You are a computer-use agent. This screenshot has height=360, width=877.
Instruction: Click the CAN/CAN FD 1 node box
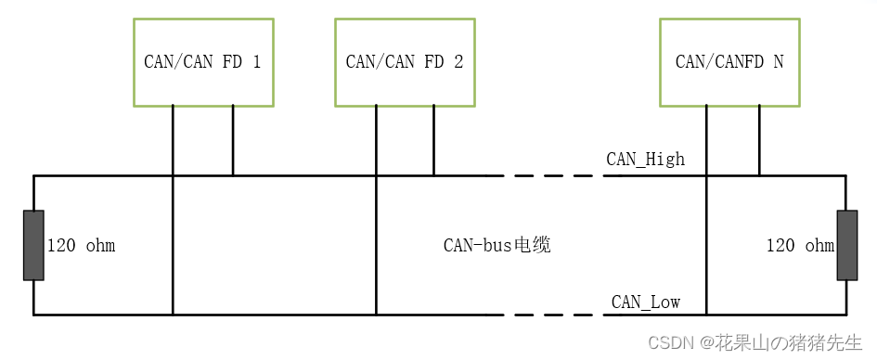[203, 61]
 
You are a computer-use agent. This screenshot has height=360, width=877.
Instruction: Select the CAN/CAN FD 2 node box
[405, 61]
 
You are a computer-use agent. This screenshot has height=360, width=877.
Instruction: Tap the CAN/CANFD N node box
[729, 61]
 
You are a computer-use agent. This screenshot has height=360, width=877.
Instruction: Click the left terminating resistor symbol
[33, 245]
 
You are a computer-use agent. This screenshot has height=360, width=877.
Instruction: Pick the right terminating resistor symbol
[846, 245]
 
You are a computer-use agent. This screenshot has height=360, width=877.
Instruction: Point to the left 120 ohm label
[82, 246]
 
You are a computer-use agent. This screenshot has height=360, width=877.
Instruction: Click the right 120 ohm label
[799, 246]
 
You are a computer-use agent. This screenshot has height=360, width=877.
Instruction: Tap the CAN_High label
[645, 159]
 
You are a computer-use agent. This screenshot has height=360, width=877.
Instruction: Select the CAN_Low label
[645, 302]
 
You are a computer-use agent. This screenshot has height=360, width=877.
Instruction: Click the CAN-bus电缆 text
[497, 246]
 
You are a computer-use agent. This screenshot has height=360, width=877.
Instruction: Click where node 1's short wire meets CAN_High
[233, 174]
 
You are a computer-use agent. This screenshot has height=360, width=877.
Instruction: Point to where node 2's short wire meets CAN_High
[433, 174]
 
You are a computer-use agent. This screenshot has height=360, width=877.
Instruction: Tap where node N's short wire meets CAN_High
[759, 174]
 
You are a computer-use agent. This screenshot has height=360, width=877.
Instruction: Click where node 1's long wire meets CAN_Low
[173, 315]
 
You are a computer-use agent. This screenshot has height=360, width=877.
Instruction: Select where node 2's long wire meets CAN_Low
[376, 315]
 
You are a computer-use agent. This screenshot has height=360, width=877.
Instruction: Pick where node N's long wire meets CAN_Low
[706, 315]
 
